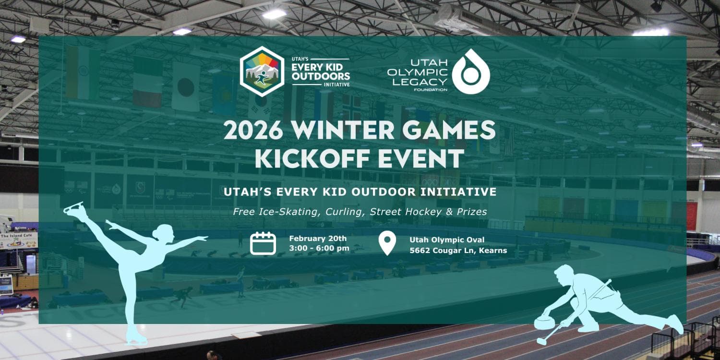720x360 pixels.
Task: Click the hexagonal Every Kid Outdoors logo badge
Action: click(x=262, y=72)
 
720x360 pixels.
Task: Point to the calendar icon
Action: click(x=263, y=243)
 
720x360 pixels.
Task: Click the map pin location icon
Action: click(x=387, y=243)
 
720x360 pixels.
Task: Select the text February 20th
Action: click(x=318, y=239)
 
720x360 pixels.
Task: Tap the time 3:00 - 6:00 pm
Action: click(x=319, y=248)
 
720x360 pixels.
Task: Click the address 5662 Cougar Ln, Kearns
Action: click(x=458, y=250)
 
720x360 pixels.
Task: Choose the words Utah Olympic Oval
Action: click(x=447, y=240)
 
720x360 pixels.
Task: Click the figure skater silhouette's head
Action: click(x=166, y=232)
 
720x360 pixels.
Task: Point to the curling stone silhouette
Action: click(x=545, y=322)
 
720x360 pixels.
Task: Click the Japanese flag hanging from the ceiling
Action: click(x=186, y=87)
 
